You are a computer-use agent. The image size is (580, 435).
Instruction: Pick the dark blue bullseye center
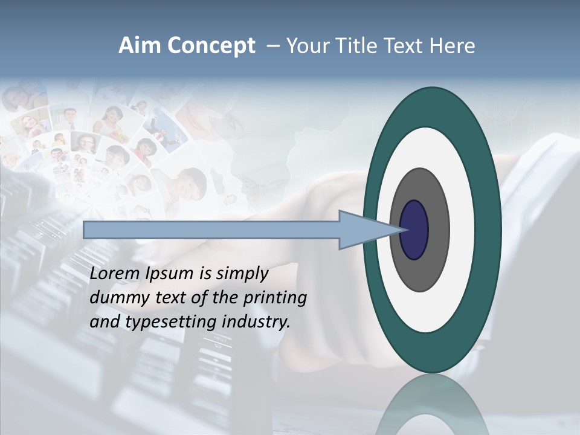(414, 230)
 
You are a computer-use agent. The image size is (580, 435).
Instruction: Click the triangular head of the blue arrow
(362, 230)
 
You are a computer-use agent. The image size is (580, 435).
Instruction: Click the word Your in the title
(309, 46)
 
